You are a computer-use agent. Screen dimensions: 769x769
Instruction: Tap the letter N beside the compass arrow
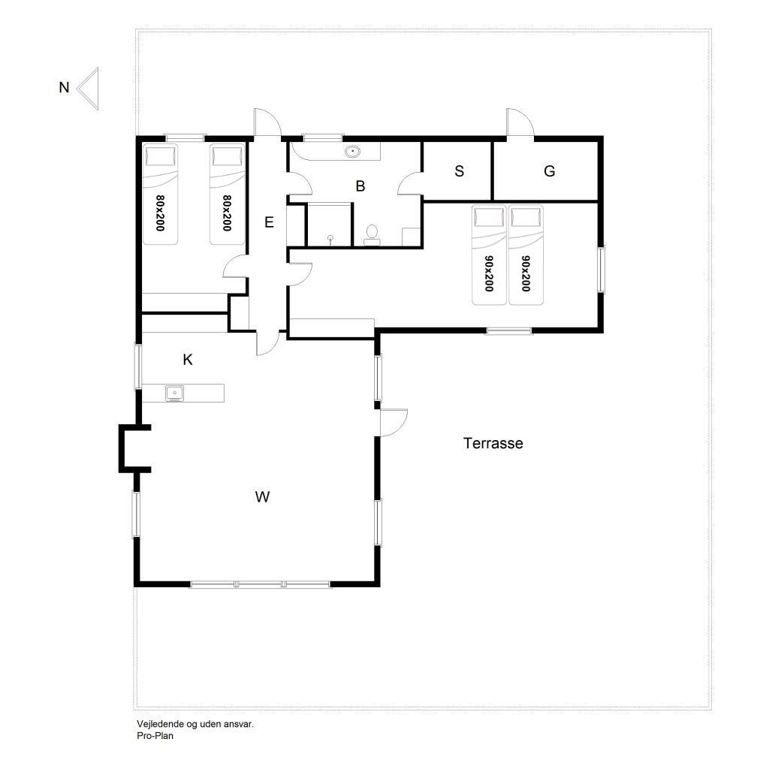(64, 87)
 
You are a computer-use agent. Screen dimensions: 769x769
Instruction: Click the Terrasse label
(493, 443)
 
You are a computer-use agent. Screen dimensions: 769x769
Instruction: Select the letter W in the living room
(262, 497)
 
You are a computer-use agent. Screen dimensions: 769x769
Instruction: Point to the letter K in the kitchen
(187, 360)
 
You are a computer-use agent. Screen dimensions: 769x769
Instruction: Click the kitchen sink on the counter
(174, 394)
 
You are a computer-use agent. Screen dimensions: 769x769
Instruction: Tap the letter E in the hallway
(269, 222)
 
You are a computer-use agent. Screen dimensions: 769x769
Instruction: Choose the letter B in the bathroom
(360, 186)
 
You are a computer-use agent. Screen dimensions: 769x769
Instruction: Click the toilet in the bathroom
(372, 235)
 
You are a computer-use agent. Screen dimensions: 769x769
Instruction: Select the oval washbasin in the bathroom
(353, 152)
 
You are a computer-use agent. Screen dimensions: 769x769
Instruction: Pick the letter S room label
(459, 171)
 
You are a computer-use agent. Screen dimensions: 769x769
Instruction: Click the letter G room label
(549, 171)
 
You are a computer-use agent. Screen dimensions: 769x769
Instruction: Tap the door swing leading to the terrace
(394, 423)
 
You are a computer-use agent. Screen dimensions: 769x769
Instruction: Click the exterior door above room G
(520, 122)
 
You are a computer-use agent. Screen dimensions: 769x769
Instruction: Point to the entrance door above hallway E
(267, 122)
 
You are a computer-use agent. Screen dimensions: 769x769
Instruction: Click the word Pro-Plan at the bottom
(155, 736)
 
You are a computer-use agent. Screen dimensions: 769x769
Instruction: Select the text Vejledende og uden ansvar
(195, 724)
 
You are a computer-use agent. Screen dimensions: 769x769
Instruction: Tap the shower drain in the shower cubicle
(330, 239)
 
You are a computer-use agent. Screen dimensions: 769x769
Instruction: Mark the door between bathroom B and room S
(410, 183)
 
